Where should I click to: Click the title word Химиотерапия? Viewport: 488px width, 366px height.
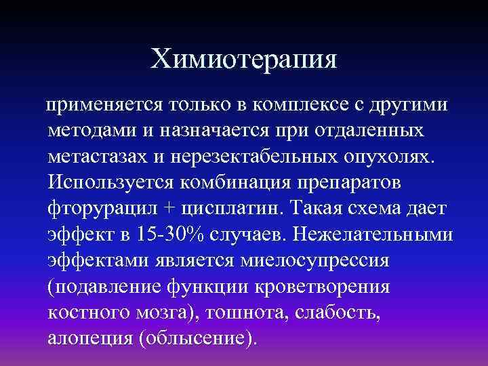pos(244,60)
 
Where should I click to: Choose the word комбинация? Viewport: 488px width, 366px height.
pos(235,183)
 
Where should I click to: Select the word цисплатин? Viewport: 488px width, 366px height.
pos(218,208)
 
